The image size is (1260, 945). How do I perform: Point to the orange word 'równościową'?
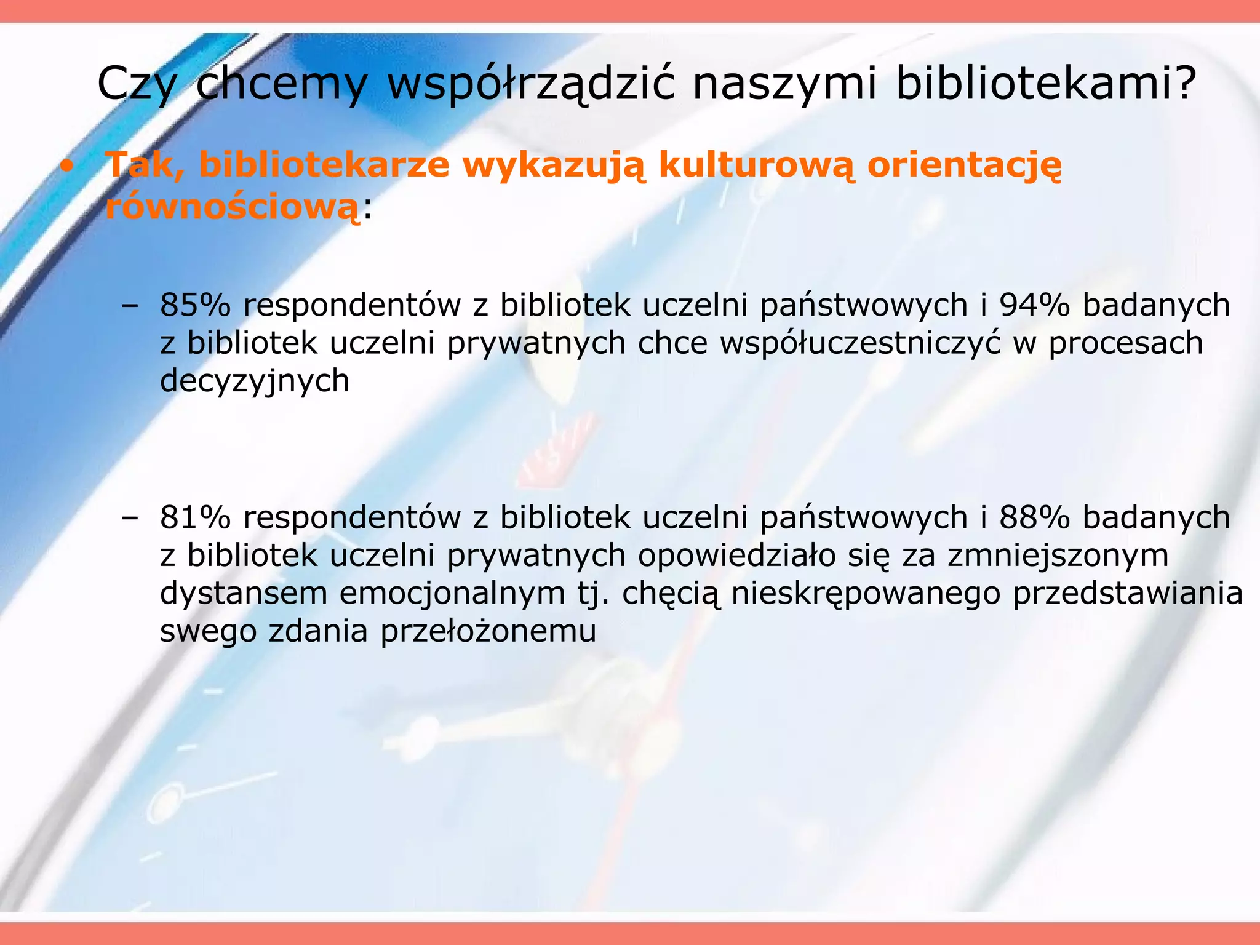(x=232, y=207)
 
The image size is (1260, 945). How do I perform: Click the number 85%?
(x=194, y=305)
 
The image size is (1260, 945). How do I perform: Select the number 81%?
(x=194, y=517)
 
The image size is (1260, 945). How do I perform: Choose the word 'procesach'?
(x=1126, y=343)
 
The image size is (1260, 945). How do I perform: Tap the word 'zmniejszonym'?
(x=1058, y=556)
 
